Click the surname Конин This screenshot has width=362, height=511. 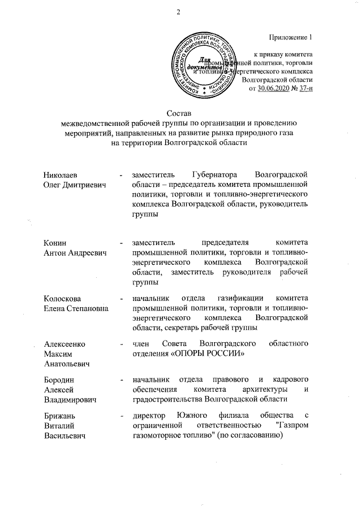pyautogui.click(x=55, y=242)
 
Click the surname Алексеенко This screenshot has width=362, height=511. pyautogui.click(x=64, y=344)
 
